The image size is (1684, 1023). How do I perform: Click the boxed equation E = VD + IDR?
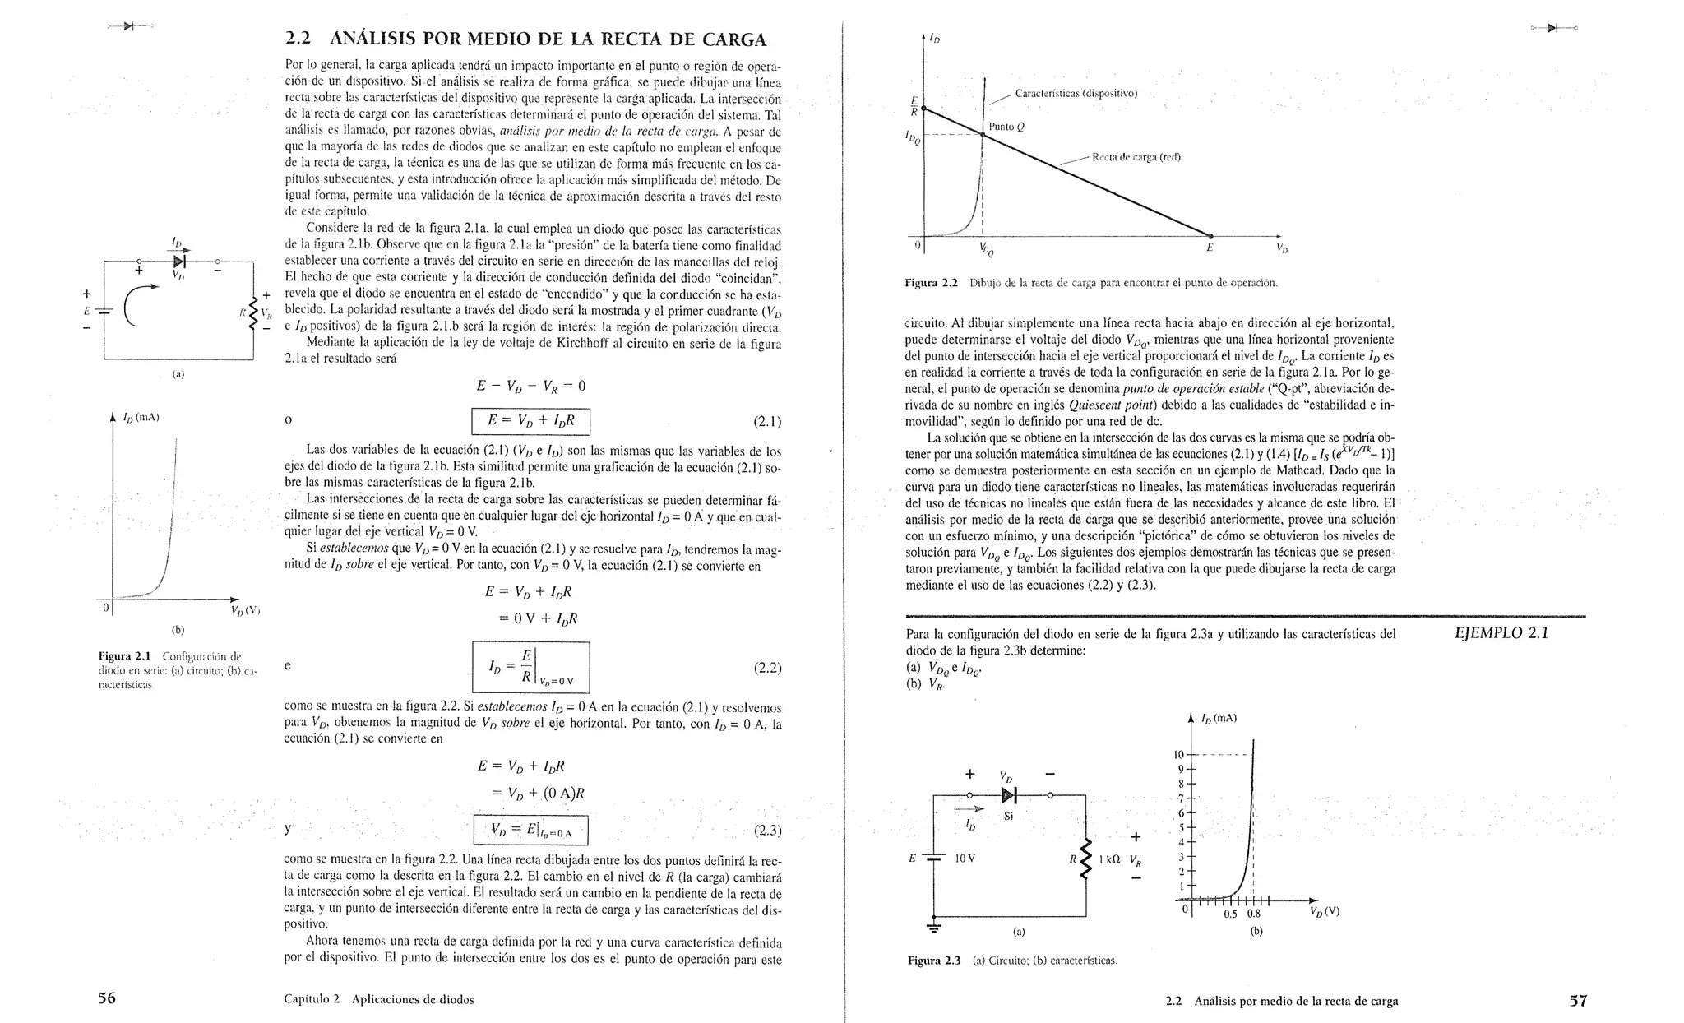(531, 421)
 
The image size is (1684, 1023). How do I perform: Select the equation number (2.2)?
(766, 668)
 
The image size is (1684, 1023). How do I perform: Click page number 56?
(107, 998)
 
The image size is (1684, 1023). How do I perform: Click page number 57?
(1578, 1000)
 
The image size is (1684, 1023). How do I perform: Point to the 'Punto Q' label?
(1006, 127)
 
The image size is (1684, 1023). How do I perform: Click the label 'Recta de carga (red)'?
(1136, 157)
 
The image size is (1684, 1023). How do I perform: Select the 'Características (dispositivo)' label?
(1076, 93)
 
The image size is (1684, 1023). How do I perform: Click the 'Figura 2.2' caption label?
(931, 283)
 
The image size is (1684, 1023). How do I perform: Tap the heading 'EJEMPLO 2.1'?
(1501, 633)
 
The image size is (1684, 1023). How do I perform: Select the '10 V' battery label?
(965, 858)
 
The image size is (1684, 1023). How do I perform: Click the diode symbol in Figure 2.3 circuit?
(1009, 795)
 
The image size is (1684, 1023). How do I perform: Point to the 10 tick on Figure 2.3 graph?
(1177, 755)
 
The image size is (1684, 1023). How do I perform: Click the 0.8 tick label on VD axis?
(1253, 913)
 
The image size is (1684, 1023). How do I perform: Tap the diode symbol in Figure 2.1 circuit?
(179, 261)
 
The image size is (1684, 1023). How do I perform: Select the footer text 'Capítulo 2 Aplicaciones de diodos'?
(379, 999)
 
